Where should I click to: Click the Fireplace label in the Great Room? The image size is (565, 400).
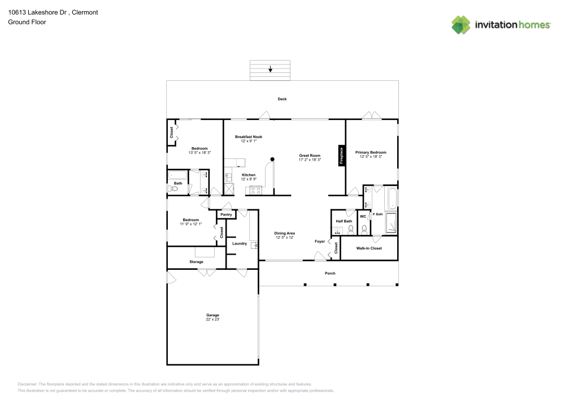pos(341,156)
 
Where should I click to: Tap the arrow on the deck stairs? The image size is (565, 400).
pos(271,70)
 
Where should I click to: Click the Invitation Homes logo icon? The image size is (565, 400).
pos(461,25)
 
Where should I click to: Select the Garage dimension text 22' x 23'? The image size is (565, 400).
pos(212,320)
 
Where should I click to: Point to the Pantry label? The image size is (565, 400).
pos(226,215)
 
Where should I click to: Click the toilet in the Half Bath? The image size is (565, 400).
pos(351,230)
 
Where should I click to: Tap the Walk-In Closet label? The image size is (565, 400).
pos(368,248)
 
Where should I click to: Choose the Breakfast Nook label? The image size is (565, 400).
pos(249,137)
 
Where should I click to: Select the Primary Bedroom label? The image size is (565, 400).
pos(371,152)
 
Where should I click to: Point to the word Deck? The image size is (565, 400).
pos(282,99)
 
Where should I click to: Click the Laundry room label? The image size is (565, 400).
pos(240,243)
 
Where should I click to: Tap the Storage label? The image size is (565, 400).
pos(196,262)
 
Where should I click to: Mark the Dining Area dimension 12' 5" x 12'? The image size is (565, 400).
pos(285,238)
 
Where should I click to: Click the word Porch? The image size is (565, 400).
pos(330,273)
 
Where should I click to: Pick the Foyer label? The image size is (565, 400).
pos(320,242)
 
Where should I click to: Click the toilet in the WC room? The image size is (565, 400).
pos(364,229)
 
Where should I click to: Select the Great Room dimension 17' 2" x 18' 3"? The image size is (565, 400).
pos(310,160)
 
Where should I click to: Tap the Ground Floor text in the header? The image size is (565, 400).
pos(27,22)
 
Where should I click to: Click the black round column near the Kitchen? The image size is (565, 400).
pos(272,159)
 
